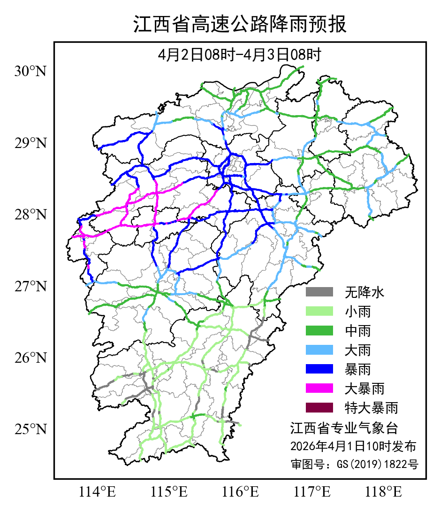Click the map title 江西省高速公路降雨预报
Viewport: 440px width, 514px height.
(240, 25)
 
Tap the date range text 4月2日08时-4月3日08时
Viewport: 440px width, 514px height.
(240, 55)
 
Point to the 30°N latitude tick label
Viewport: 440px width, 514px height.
(31, 71)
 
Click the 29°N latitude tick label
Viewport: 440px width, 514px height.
(31, 143)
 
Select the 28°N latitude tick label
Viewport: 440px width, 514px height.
(31, 215)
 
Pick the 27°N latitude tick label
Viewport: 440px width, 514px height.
(31, 286)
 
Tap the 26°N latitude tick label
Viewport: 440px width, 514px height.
(31, 358)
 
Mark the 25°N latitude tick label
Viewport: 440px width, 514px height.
(31, 429)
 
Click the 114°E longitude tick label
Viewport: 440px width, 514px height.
(98, 492)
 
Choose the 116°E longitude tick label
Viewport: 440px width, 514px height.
(241, 492)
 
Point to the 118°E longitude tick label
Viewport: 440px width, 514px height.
(384, 492)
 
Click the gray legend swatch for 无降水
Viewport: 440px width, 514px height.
(319, 292)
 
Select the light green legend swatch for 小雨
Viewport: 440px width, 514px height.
(319, 312)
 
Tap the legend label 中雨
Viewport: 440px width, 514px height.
(358, 331)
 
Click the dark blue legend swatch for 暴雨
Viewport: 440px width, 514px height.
(319, 369)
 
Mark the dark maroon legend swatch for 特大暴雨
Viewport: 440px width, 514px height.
(319, 407)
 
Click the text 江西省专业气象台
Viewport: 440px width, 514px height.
(344, 428)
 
